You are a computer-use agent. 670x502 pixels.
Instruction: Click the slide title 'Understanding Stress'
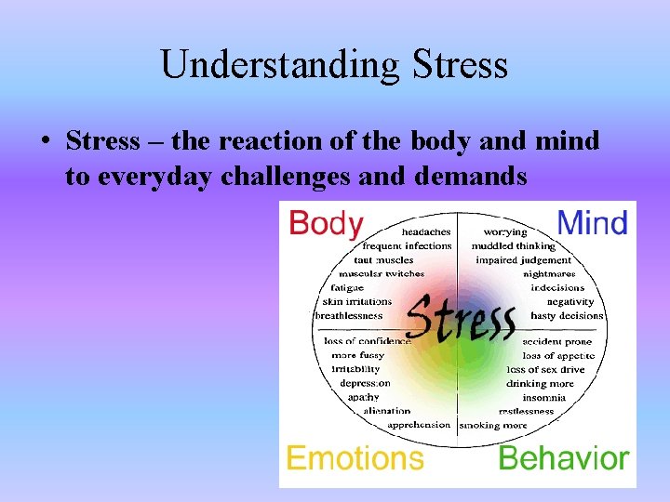[334, 65]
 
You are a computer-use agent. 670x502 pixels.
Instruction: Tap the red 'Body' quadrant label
[326, 224]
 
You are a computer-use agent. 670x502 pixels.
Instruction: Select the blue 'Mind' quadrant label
[592, 223]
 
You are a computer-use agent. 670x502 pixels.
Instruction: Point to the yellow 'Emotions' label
[355, 458]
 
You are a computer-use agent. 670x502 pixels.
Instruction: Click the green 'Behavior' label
[564, 458]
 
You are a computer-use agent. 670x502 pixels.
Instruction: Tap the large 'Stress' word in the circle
[462, 318]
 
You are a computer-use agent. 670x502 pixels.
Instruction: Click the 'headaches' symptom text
[426, 231]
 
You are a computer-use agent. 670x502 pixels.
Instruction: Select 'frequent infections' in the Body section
[407, 245]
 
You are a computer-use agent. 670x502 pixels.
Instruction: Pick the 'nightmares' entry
[549, 274]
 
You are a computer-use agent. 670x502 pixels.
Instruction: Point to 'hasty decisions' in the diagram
[567, 315]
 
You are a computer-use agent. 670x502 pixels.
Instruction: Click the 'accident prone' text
[556, 341]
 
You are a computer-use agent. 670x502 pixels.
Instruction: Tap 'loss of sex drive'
[545, 369]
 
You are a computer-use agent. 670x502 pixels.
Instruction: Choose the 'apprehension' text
[419, 425]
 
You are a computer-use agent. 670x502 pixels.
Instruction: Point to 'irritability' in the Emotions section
[355, 369]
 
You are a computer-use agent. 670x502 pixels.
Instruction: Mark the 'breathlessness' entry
[349, 315]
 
